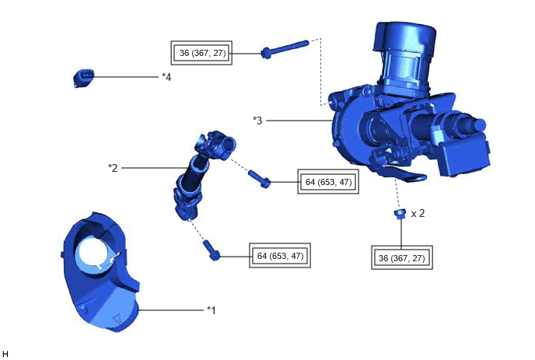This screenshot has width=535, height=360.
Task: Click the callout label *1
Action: coord(212,310)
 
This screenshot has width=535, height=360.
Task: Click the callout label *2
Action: coord(113,168)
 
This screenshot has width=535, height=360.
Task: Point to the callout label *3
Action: coord(257,121)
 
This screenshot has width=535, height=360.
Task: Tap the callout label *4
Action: coord(166,77)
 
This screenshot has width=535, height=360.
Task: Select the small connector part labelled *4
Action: coord(83,78)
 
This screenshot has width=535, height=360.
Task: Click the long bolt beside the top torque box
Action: coord(285,49)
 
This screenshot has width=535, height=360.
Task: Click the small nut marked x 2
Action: coord(400,214)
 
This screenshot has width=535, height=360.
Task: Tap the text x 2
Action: coord(418,214)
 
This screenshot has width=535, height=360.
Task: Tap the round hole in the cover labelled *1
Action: coord(96,253)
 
